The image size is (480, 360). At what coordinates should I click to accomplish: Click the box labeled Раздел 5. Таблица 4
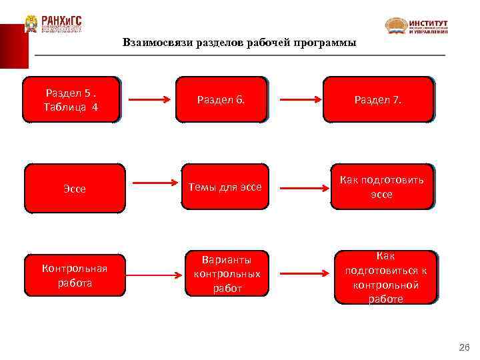click(71, 99)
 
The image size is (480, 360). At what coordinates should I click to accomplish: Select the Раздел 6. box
click(221, 99)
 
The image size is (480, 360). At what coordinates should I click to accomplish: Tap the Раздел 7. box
click(378, 99)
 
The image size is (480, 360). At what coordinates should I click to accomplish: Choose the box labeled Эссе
click(75, 188)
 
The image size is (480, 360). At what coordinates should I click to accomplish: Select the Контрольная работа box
click(75, 275)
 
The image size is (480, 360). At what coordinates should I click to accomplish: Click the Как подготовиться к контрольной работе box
click(386, 277)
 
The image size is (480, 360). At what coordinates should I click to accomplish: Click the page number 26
click(465, 347)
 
